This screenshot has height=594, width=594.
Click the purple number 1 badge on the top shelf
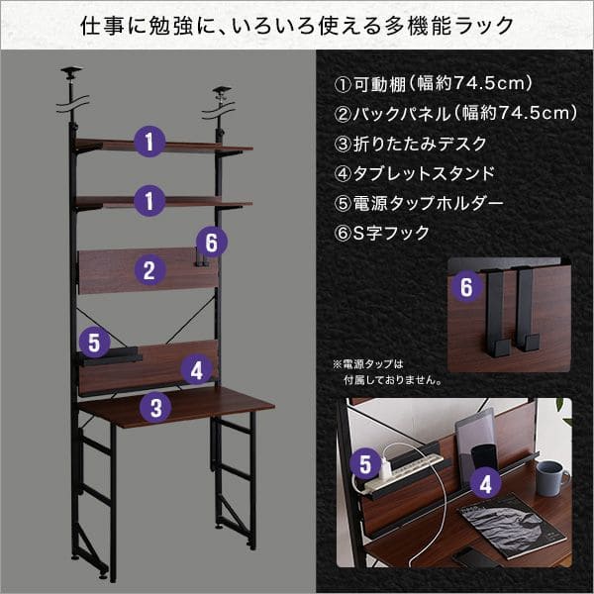(x=149, y=142)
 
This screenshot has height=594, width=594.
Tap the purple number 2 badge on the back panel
(x=149, y=269)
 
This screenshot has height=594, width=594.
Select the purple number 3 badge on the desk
(x=155, y=407)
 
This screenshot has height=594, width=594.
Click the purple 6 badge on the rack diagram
(x=212, y=242)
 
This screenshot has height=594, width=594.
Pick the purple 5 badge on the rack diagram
(x=94, y=343)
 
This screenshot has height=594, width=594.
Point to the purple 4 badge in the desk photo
(x=485, y=484)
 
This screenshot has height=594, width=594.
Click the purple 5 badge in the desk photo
(x=365, y=463)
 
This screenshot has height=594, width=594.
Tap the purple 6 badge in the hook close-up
(x=466, y=286)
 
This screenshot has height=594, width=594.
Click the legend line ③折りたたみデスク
(x=410, y=144)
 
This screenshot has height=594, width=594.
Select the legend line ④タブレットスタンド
(x=415, y=173)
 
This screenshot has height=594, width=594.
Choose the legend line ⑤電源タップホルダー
(x=418, y=203)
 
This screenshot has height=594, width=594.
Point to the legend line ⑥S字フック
(x=381, y=233)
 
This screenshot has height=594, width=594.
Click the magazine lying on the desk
(x=512, y=526)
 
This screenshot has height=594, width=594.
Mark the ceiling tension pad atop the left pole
(x=71, y=70)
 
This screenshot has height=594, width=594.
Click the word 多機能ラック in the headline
(x=448, y=26)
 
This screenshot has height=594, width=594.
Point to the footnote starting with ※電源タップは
(x=387, y=372)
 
